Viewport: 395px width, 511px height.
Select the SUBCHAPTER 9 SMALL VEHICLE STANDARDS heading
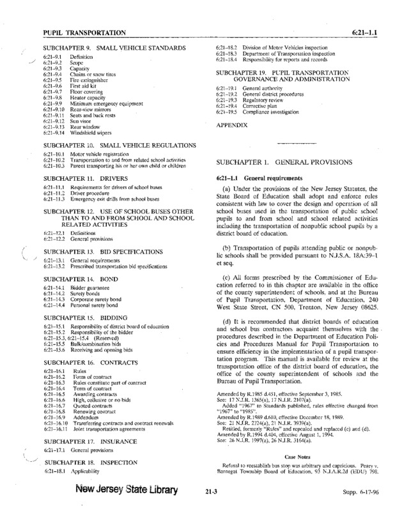coord(113,49)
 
